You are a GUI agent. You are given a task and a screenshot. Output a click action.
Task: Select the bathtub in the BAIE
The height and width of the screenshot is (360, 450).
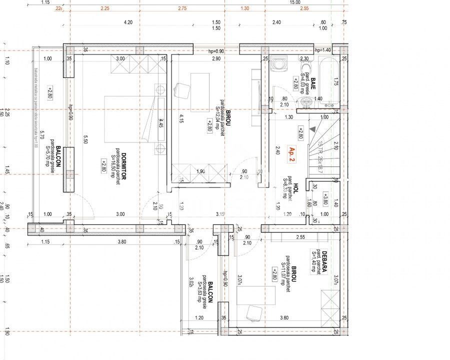[328, 82]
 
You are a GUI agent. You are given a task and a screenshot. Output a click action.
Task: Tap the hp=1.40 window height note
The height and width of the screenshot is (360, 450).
[323, 50]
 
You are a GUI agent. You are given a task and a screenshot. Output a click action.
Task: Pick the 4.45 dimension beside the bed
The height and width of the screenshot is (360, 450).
[161, 123]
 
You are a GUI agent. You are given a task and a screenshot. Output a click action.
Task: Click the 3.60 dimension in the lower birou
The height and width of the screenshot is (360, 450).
[284, 317]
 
